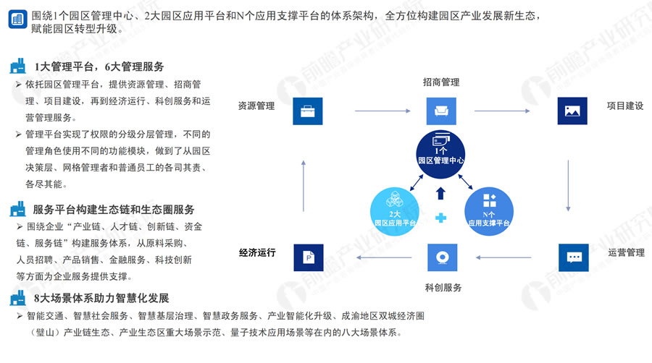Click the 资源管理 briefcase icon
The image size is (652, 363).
306,111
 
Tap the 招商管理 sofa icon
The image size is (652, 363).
440,111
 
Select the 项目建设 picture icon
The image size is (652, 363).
572,111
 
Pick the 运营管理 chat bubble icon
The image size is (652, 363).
573,257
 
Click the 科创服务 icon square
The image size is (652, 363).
440,257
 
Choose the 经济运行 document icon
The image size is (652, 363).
307,257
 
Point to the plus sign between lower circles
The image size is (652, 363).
440,218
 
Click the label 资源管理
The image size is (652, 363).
256,106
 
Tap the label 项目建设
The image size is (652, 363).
625,106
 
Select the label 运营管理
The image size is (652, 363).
625,253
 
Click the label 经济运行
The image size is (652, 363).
257,253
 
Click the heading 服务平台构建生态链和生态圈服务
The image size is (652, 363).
114,210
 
